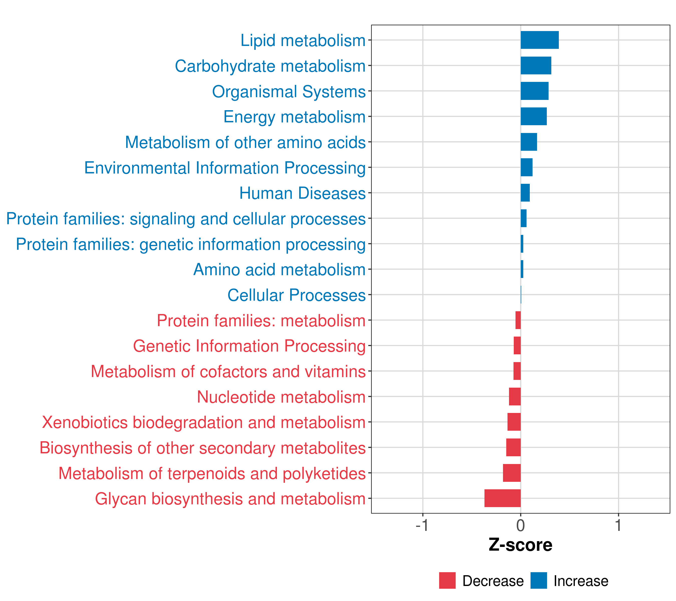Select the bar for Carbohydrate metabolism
(536, 66)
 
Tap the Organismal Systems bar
(535, 91)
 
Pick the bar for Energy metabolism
(534, 116)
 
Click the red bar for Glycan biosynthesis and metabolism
(502, 498)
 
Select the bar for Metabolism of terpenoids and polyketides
(512, 473)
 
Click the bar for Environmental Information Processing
(527, 167)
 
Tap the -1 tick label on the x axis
(422, 526)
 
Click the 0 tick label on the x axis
(521, 526)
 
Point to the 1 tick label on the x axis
(618, 526)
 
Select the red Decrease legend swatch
(447, 580)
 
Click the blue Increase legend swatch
(538, 580)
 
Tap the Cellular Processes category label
(296, 295)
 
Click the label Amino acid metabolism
(279, 269)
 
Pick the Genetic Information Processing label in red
(249, 346)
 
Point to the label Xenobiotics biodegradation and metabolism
(204, 422)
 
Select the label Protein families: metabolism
(261, 321)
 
